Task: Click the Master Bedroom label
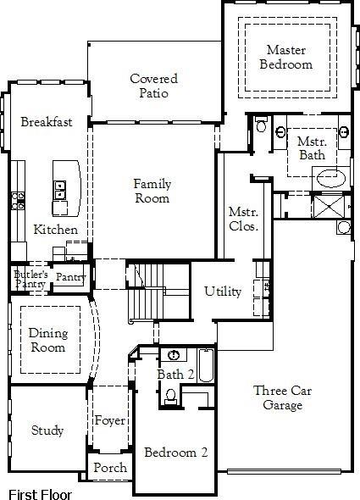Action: [285, 57]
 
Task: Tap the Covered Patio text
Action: [147, 86]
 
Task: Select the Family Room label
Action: [152, 191]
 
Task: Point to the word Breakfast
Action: [47, 122]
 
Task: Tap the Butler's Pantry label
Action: [30, 279]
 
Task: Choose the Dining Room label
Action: [47, 340]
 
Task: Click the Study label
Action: [47, 431]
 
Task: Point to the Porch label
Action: [110, 468]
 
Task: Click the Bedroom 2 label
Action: [175, 453]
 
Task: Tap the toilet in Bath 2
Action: [170, 395]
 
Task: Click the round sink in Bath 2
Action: [173, 355]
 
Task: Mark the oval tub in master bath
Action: [330, 179]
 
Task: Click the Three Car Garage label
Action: [277, 397]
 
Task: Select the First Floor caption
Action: [40, 494]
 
